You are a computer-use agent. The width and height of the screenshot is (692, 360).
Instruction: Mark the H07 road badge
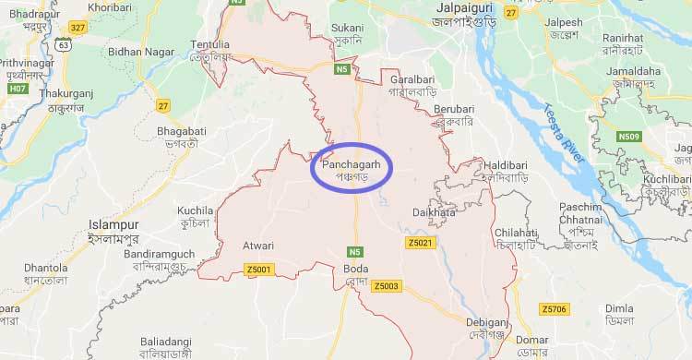click(x=17, y=89)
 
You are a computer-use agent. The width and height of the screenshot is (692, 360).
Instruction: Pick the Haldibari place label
click(x=503, y=170)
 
